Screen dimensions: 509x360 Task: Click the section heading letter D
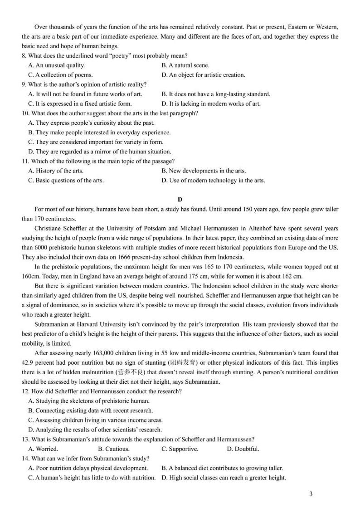(180, 199)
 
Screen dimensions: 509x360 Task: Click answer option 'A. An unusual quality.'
(56, 65)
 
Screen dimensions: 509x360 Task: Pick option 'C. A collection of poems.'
(60, 75)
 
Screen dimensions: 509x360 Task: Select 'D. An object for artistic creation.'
(203, 75)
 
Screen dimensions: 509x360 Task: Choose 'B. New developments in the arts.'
(204, 171)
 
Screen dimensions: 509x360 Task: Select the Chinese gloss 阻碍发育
(183, 362)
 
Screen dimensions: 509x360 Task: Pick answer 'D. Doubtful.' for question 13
(243, 449)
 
